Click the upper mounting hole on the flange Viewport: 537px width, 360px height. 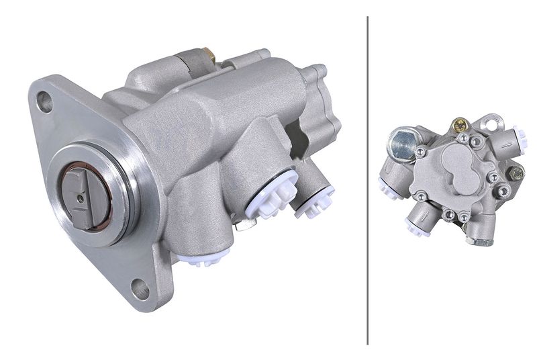(44, 101)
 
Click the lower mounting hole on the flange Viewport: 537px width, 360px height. (140, 289)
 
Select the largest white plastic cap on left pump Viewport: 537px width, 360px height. (271, 195)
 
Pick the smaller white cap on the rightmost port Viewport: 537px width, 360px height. (313, 200)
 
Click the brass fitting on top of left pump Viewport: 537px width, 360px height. (207, 54)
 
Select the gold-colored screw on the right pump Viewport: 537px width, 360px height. (460, 125)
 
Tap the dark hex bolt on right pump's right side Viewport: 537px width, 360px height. (516, 174)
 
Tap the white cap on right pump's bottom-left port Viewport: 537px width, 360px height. (414, 227)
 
